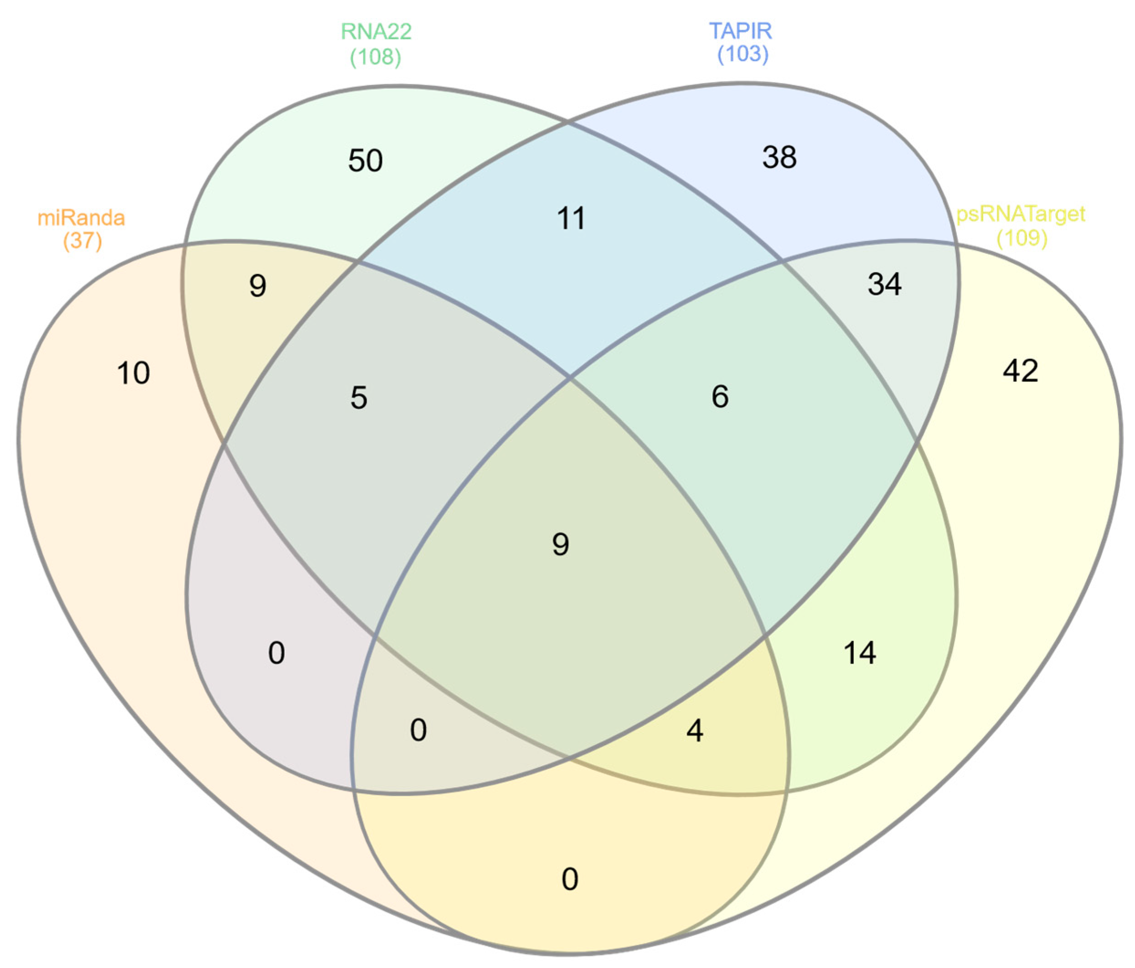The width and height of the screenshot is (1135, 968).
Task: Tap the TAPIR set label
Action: [741, 31]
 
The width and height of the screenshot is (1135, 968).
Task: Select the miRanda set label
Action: [81, 218]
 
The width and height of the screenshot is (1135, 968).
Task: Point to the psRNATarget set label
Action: [1021, 214]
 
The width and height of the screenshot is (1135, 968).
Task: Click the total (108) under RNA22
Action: [376, 57]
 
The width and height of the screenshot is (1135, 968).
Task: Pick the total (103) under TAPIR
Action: [743, 54]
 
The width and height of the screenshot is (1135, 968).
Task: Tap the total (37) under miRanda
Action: [83, 240]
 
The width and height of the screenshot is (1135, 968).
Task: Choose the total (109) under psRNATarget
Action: [1022, 238]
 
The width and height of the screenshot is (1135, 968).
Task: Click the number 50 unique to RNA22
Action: [366, 161]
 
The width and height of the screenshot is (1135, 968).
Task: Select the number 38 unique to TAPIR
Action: [779, 157]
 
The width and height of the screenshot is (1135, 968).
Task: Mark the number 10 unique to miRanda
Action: [133, 373]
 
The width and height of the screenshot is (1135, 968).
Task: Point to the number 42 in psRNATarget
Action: [1021, 371]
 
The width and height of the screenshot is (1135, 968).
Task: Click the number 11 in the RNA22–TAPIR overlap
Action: [571, 218]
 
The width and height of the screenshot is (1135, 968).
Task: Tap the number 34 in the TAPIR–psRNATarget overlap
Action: [884, 284]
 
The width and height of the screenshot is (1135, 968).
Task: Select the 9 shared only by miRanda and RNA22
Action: [258, 286]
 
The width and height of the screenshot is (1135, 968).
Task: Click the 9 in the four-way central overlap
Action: [560, 544]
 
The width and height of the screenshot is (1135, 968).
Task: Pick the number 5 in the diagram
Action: [359, 398]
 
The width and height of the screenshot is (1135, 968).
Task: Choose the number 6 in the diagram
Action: [720, 396]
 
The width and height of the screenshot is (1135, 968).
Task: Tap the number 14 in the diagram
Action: [860, 653]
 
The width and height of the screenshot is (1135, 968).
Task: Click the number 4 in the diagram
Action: [695, 731]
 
